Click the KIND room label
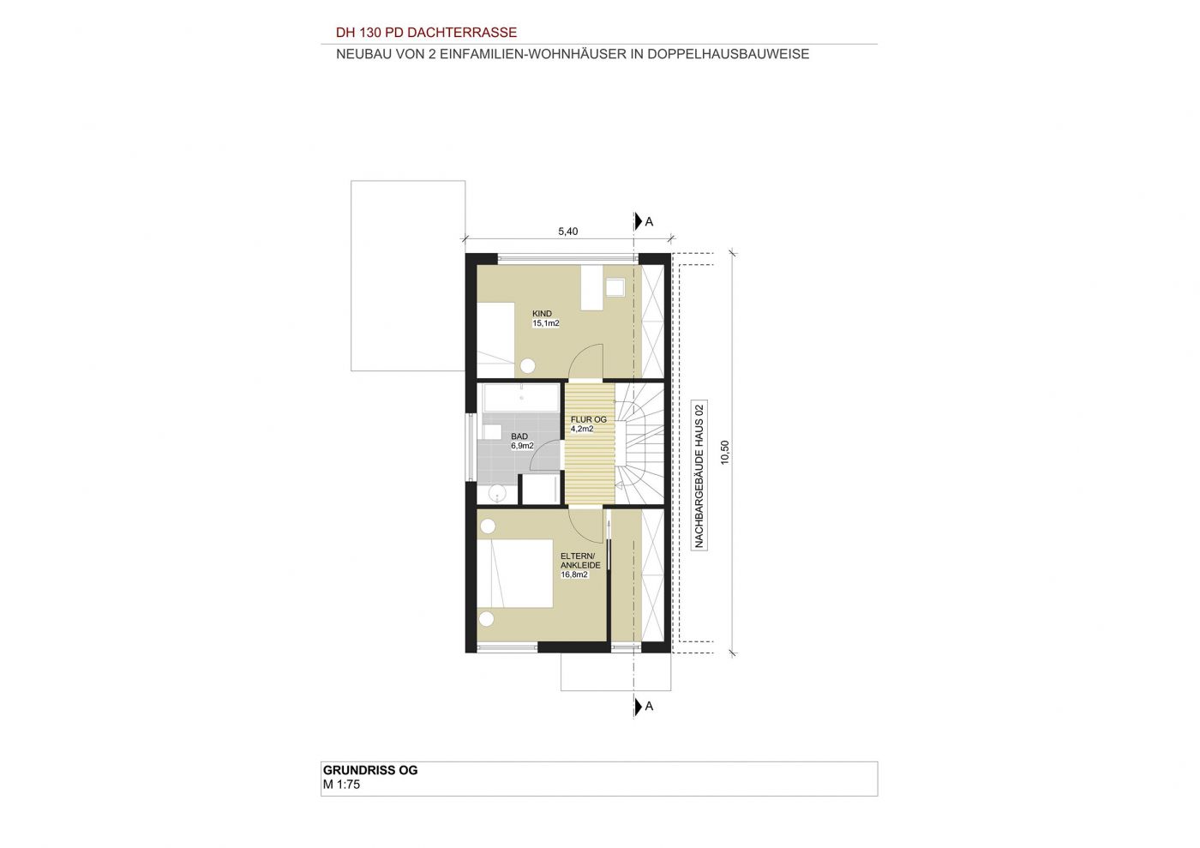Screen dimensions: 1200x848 click(x=542, y=314)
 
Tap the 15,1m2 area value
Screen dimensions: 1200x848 click(x=545, y=323)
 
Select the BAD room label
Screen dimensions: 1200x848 click(x=519, y=436)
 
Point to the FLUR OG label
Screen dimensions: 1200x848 click(x=588, y=419)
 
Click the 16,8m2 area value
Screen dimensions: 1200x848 click(x=573, y=574)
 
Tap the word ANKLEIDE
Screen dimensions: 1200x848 click(x=580, y=566)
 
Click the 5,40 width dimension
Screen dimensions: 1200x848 click(x=567, y=232)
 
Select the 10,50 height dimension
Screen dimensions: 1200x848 click(x=725, y=453)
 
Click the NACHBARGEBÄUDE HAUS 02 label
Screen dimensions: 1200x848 click(x=699, y=476)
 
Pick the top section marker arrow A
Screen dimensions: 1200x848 click(x=639, y=221)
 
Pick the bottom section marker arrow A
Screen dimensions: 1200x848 click(x=639, y=707)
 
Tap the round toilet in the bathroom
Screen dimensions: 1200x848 click(x=498, y=493)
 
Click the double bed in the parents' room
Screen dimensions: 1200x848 click(x=515, y=573)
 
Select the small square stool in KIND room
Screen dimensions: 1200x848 click(x=615, y=287)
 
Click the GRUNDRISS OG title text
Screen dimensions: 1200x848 click(x=369, y=770)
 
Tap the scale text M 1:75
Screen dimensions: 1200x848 click(x=341, y=785)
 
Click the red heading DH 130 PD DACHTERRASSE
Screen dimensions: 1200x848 click(x=426, y=33)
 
